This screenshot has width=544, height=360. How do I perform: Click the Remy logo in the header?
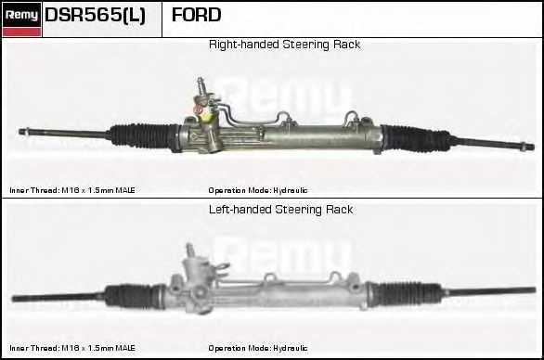click(21, 15)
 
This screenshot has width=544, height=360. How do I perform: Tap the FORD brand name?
click(196, 16)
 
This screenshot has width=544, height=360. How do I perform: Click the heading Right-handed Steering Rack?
click(284, 45)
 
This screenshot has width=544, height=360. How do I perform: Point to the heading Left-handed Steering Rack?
click(280, 210)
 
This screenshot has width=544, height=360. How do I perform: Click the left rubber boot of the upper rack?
click(139, 135)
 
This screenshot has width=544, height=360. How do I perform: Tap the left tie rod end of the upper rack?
click(37, 130)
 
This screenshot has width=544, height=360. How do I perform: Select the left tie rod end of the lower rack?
click(28, 298)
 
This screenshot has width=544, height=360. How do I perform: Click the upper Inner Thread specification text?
click(72, 190)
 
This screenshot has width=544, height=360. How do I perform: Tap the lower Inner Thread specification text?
click(72, 348)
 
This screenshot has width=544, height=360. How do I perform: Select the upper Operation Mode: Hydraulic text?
click(258, 190)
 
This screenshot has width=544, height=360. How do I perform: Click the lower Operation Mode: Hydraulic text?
click(258, 348)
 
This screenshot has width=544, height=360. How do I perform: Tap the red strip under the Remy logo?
click(21, 32)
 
